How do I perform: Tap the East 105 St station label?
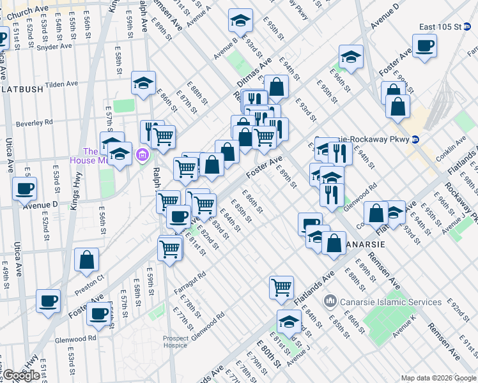pos(440,27)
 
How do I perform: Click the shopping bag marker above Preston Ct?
pos(87,260)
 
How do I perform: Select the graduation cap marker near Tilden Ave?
pos(144,82)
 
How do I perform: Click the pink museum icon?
pos(141,154)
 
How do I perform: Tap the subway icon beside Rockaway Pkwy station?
pos(415,139)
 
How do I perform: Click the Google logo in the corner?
pos(21,375)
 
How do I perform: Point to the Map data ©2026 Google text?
pos(438,378)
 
